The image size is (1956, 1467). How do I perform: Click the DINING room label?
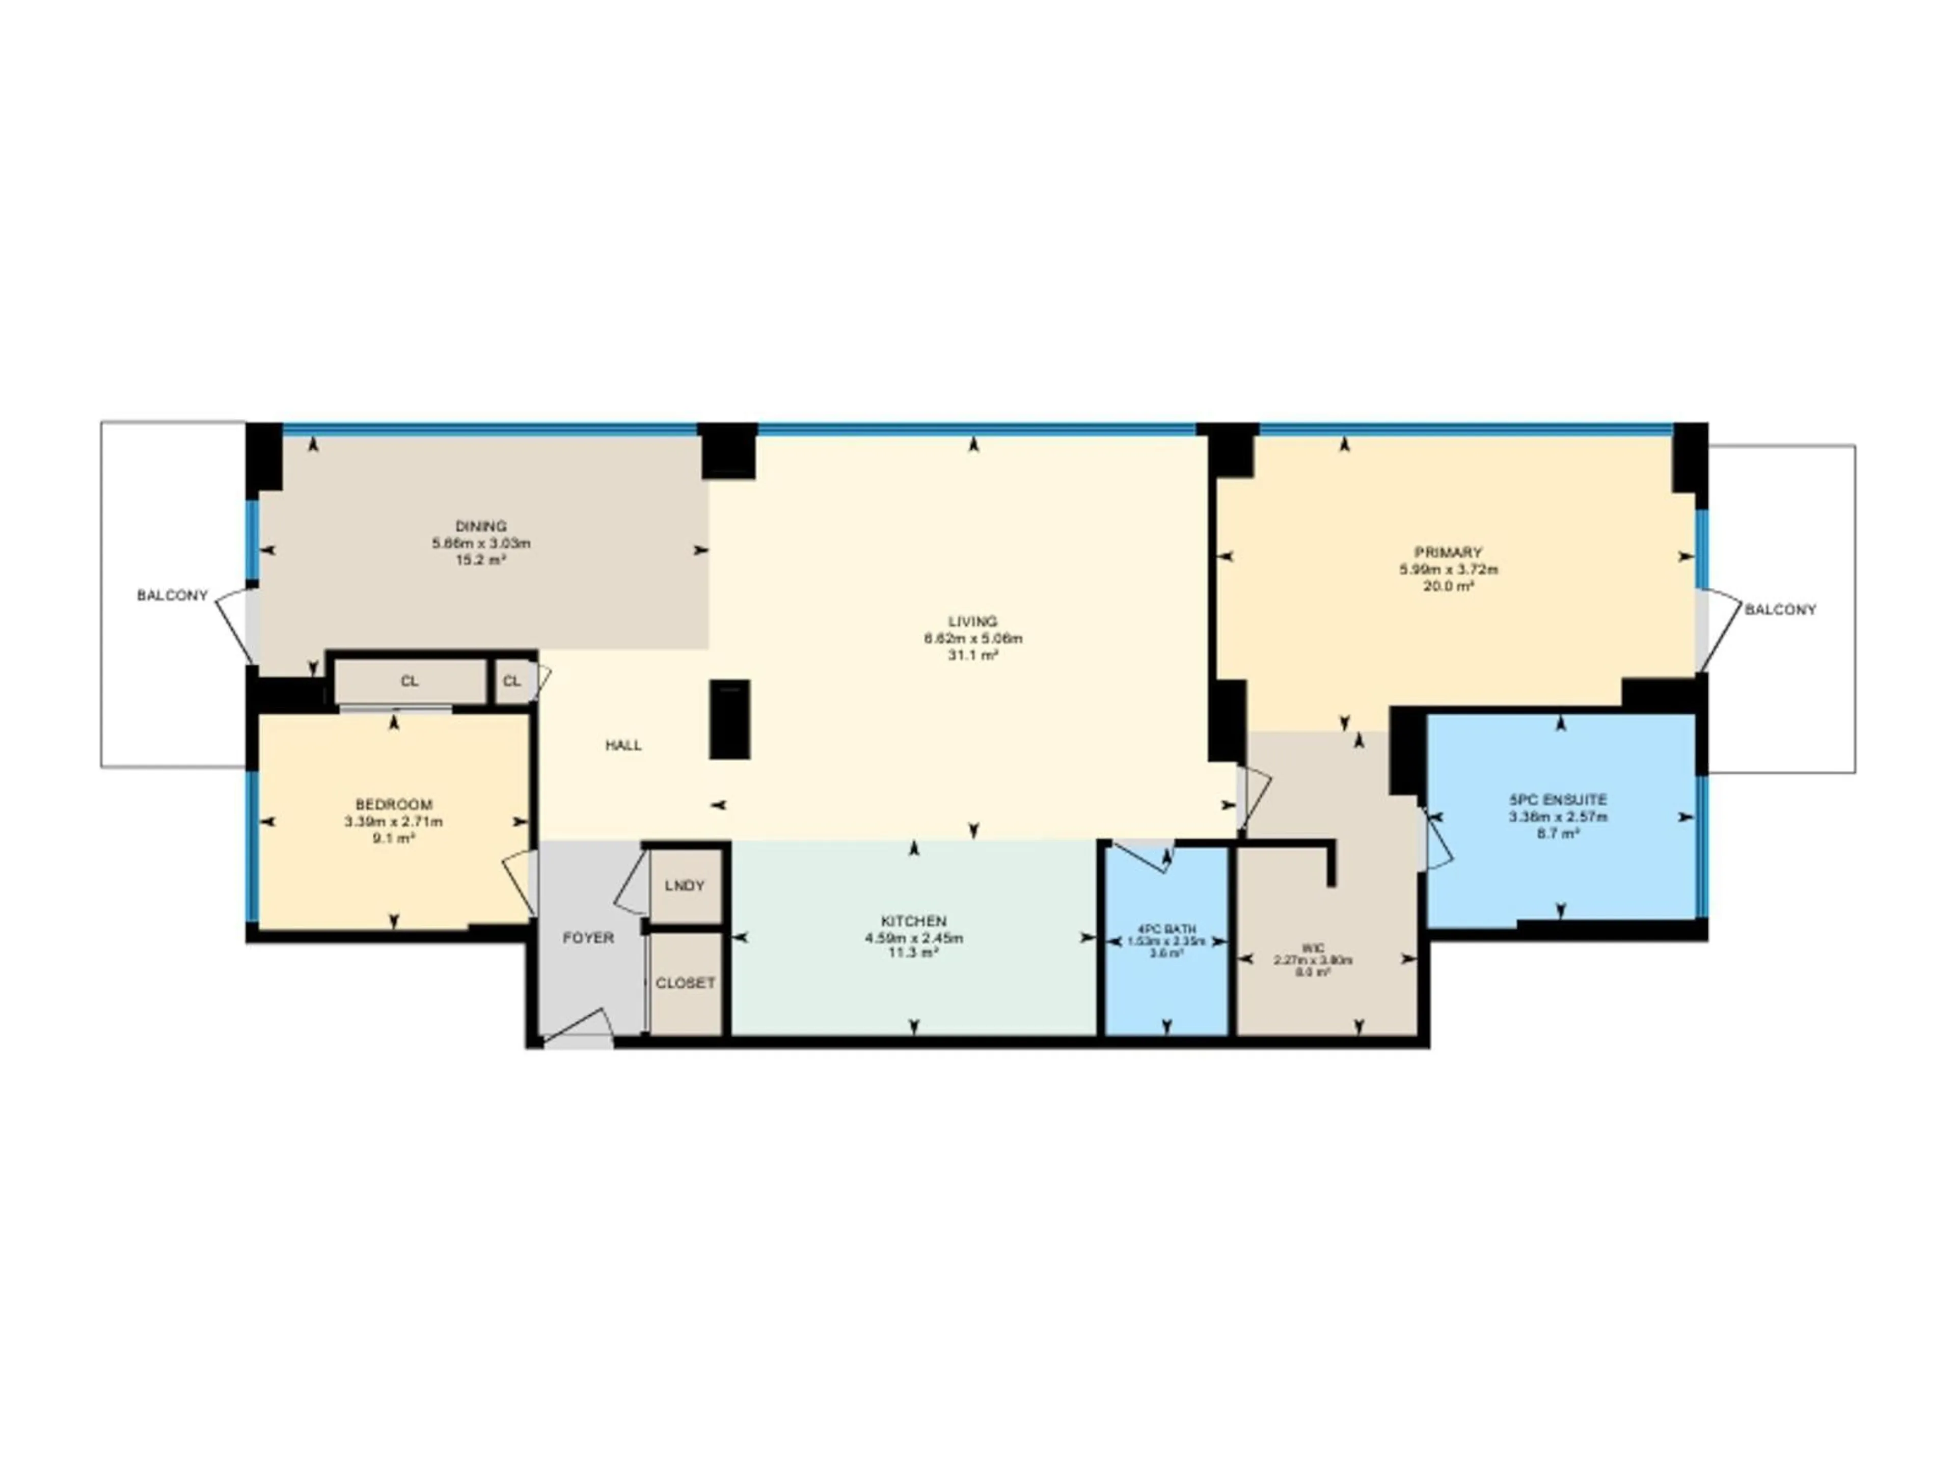[x=481, y=526]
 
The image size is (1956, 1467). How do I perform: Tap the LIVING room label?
[x=973, y=621]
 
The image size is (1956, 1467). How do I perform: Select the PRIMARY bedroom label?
[x=1448, y=553]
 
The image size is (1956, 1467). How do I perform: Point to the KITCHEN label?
[x=913, y=921]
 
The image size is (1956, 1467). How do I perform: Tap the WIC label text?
[x=1313, y=948]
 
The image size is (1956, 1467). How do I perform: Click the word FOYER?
[x=588, y=937]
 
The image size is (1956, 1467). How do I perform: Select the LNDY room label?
[x=685, y=885]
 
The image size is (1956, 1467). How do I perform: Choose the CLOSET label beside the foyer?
[x=685, y=983]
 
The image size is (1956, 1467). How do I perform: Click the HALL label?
[x=623, y=745]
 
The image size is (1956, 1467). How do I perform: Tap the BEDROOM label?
[x=394, y=805]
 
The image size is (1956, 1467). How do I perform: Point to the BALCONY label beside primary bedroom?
[x=1780, y=609]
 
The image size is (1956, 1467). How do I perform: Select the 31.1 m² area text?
[x=973, y=655]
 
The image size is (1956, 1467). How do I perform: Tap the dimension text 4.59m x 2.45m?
[x=913, y=938]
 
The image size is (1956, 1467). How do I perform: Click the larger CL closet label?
[x=410, y=681]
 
